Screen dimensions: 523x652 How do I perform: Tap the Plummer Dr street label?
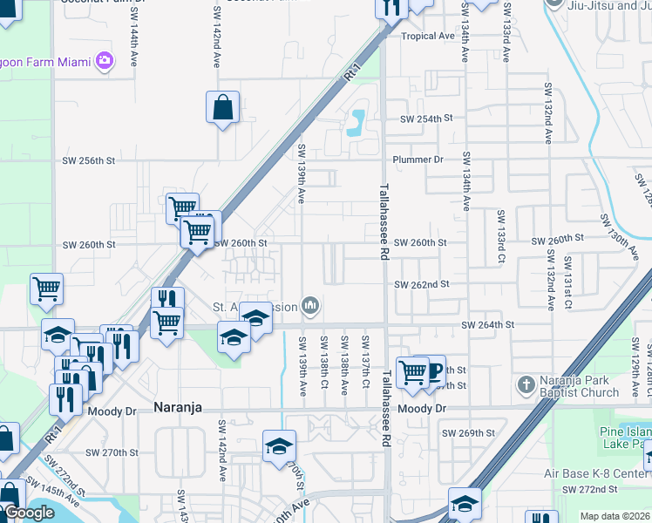(418, 160)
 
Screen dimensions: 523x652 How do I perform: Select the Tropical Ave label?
(428, 37)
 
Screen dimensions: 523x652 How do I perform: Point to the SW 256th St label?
(89, 160)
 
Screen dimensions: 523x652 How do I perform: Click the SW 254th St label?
(427, 119)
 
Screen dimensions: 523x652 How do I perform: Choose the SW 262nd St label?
(421, 284)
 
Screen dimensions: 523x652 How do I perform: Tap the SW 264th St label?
(488, 324)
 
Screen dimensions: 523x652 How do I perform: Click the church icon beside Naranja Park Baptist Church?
(526, 384)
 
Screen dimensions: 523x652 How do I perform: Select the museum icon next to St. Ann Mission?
(310, 306)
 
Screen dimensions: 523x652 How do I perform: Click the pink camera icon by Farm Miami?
(105, 60)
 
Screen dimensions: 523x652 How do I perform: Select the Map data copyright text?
(615, 516)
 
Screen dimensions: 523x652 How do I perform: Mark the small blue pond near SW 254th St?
(356, 125)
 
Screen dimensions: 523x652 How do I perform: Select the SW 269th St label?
(467, 432)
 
